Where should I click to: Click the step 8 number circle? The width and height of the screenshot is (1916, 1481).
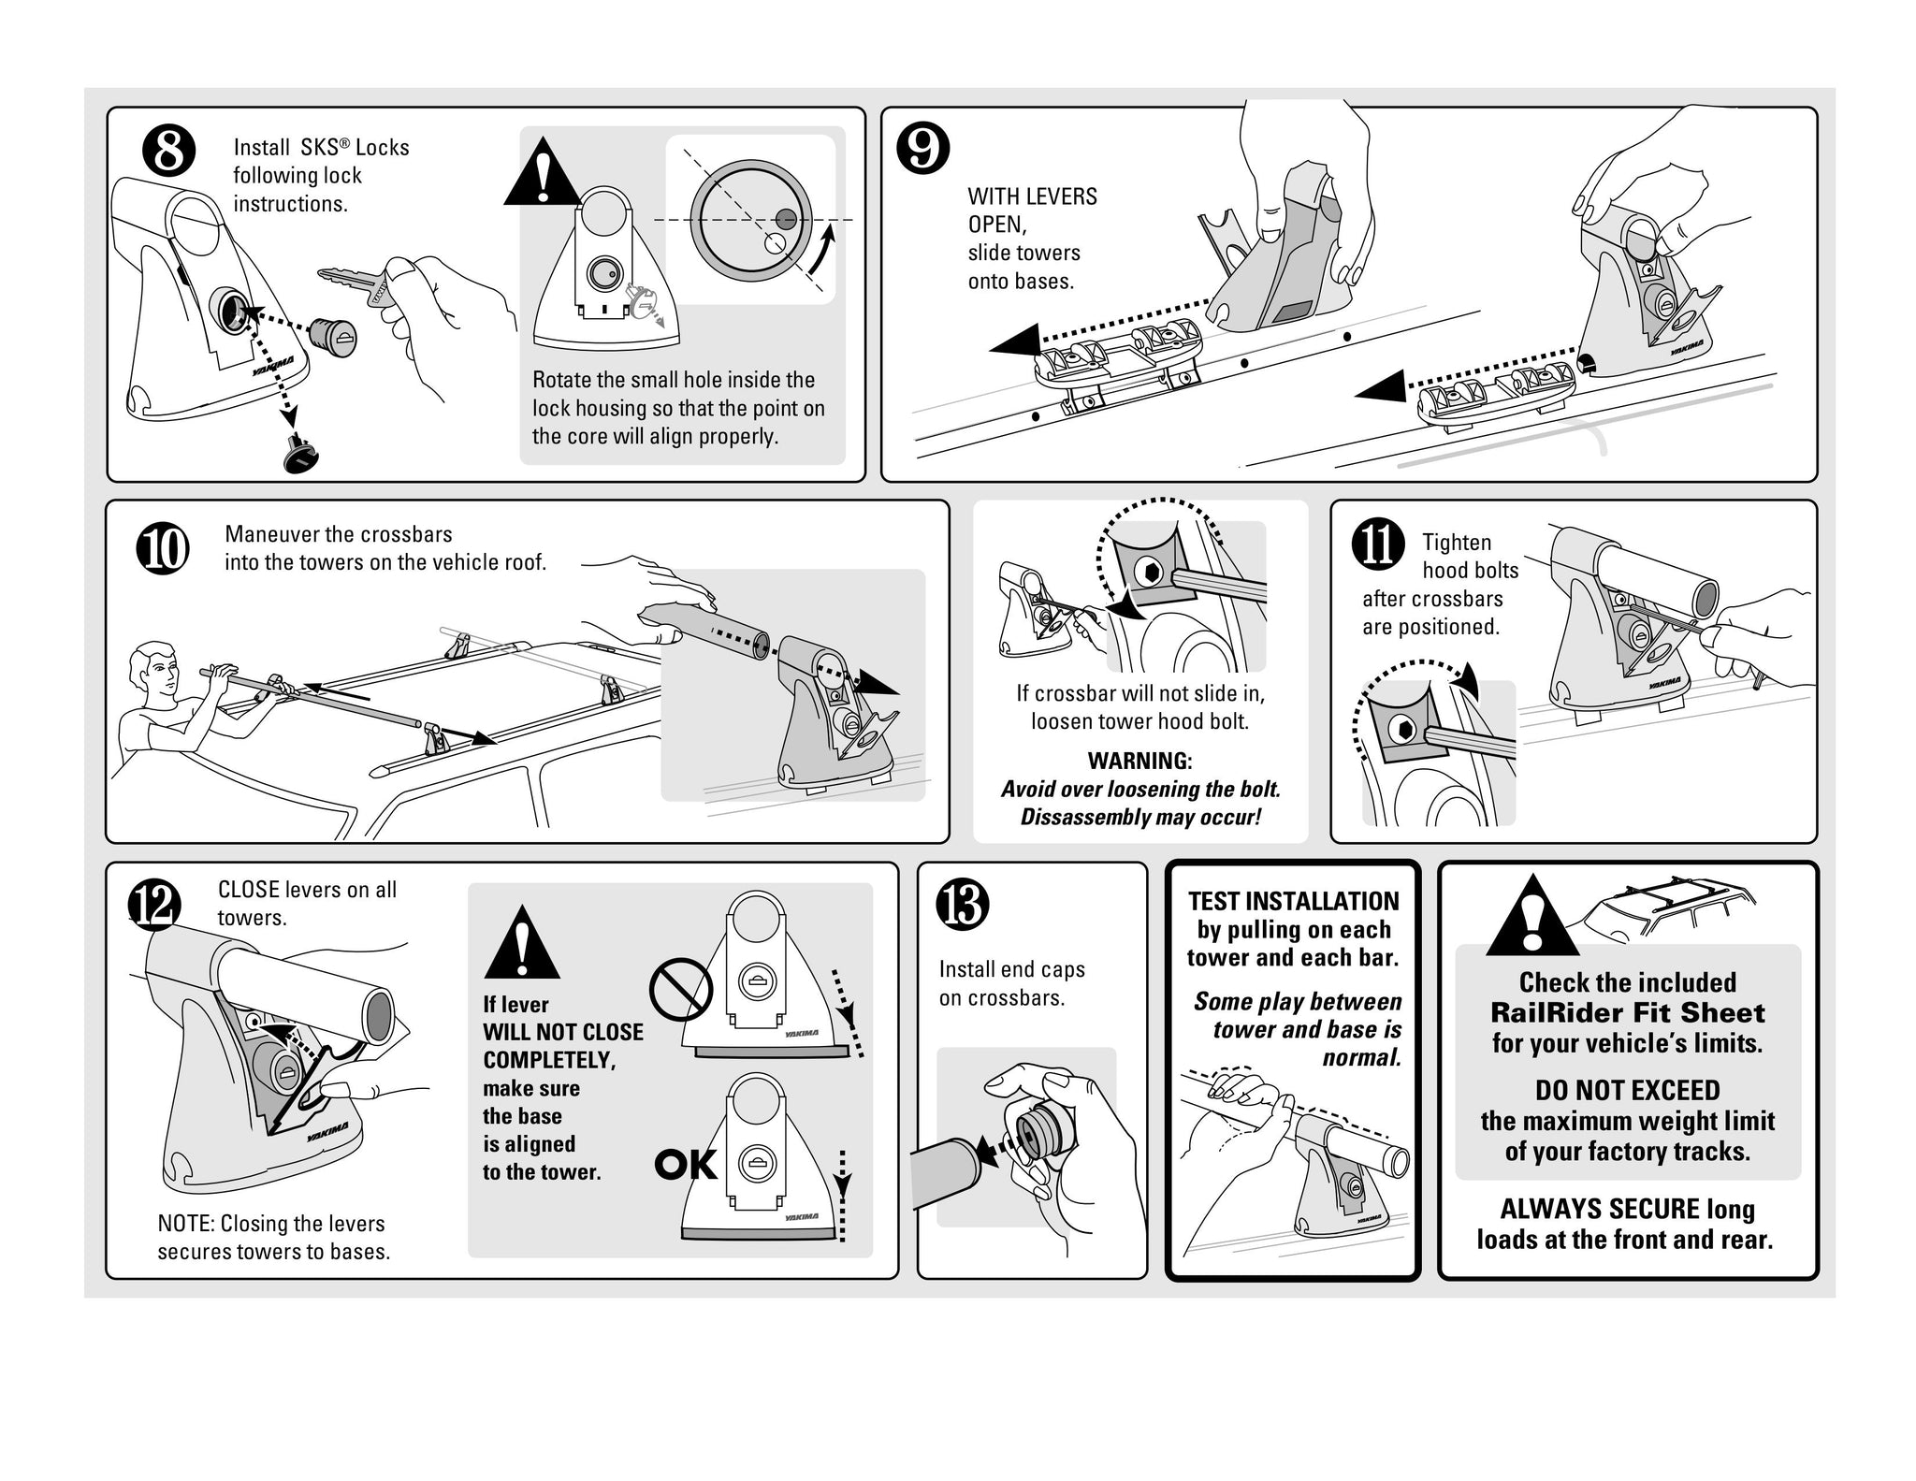(x=168, y=152)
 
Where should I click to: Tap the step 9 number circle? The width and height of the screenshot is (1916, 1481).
(x=922, y=150)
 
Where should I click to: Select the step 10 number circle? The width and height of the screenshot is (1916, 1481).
(x=163, y=548)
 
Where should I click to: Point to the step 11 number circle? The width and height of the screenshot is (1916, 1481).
(x=1378, y=544)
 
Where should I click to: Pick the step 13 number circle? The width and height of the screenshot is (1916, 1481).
(x=963, y=905)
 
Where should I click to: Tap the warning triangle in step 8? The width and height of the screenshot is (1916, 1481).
(x=542, y=174)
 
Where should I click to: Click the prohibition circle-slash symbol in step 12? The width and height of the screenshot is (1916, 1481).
(x=681, y=988)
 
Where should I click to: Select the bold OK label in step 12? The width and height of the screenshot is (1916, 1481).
(x=686, y=1165)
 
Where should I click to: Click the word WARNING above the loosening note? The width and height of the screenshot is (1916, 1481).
(x=1139, y=761)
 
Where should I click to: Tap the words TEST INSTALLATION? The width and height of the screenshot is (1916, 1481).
(x=1293, y=901)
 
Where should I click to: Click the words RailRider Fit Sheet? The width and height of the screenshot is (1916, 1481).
(x=1627, y=1012)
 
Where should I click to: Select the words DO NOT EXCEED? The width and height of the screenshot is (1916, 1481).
(x=1627, y=1090)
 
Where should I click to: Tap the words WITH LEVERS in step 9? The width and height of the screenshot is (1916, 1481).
(x=1032, y=196)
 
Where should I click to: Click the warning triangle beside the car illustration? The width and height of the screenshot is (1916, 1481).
(x=1531, y=917)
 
